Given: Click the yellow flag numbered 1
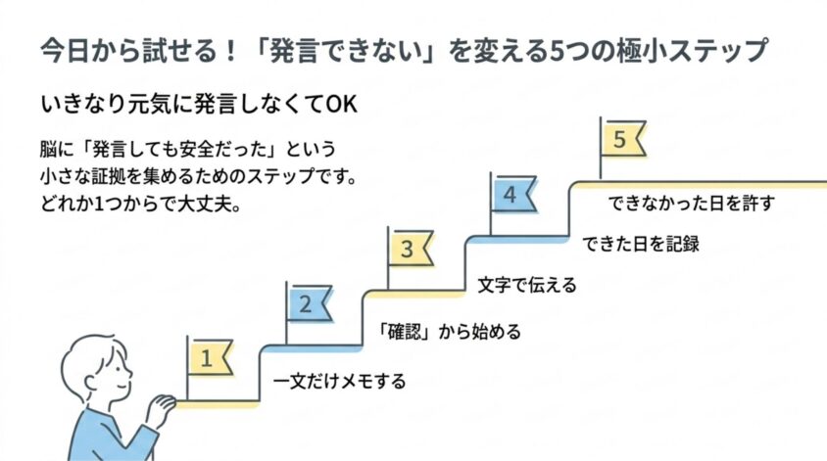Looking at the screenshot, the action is (x=210, y=358).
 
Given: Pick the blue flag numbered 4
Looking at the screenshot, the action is (x=512, y=194).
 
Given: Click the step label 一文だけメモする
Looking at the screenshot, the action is (x=340, y=381).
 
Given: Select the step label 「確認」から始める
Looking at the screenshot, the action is (x=450, y=332).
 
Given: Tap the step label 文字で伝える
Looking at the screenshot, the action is (x=527, y=285).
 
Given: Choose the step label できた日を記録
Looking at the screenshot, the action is (x=641, y=244).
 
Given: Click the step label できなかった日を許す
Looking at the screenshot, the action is (x=692, y=203).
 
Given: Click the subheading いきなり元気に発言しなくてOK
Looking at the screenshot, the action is (x=199, y=104).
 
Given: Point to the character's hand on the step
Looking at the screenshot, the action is (x=161, y=407).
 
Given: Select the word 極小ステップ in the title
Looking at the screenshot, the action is (x=692, y=51).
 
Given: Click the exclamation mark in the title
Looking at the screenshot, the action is (x=229, y=51).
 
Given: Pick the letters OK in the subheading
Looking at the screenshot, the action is (x=341, y=105).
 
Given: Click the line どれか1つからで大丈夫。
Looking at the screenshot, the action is (x=141, y=204).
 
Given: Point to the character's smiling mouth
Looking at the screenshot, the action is (x=122, y=385).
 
